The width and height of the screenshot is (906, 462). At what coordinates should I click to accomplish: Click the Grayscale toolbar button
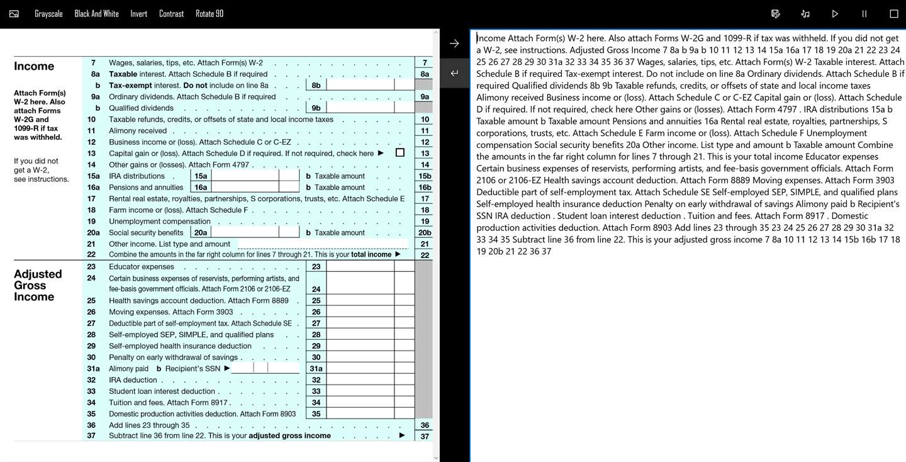click(x=48, y=14)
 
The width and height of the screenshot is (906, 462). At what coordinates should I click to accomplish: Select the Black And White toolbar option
click(x=96, y=14)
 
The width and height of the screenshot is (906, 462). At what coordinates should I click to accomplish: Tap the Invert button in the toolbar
click(x=138, y=14)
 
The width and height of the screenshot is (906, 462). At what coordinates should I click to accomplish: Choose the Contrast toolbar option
click(x=171, y=14)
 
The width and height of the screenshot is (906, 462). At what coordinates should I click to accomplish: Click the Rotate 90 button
click(x=209, y=14)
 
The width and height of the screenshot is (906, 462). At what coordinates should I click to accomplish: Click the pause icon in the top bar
click(x=864, y=14)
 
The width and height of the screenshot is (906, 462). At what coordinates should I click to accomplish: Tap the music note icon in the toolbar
click(x=805, y=14)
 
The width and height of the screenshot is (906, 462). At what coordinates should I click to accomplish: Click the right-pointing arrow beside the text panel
click(x=454, y=43)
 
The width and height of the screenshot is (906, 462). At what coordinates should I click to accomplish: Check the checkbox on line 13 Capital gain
click(x=400, y=153)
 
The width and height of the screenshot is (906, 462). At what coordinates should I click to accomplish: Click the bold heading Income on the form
click(x=34, y=66)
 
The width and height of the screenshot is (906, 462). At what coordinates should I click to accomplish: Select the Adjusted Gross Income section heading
click(x=38, y=285)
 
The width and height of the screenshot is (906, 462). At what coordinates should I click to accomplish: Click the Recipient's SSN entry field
click(x=264, y=368)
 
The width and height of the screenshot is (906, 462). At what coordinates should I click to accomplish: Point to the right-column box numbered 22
click(x=425, y=255)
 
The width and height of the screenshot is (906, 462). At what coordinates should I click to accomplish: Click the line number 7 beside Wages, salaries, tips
click(x=93, y=63)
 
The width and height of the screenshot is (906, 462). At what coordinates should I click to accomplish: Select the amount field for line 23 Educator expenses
click(x=360, y=267)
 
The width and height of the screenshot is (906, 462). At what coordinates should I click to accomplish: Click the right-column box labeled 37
click(x=425, y=436)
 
